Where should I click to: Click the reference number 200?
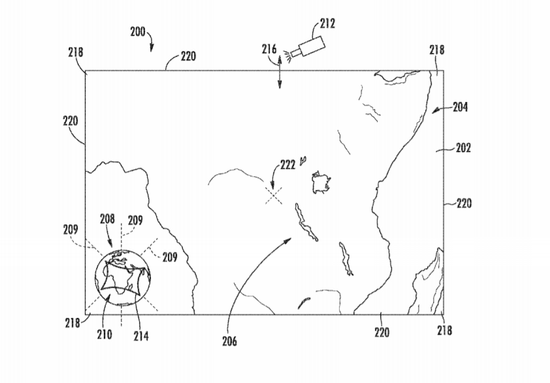(x=137, y=32)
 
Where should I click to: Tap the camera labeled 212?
(x=308, y=48)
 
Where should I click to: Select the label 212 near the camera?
(x=328, y=23)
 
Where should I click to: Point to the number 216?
(x=269, y=49)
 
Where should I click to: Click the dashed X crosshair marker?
(x=274, y=195)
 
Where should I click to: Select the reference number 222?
(x=287, y=164)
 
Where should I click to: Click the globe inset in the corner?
(x=123, y=277)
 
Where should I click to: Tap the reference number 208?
(x=107, y=219)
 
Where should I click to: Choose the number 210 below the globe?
(x=105, y=335)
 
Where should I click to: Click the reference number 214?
(x=141, y=337)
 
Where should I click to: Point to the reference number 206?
(x=229, y=341)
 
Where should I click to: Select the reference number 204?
(x=461, y=107)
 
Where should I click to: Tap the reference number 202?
(x=463, y=148)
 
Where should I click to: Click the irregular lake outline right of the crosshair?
(x=321, y=183)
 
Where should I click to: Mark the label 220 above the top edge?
(x=188, y=56)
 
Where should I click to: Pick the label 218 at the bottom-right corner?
(x=444, y=330)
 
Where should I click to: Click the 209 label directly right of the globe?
(x=170, y=257)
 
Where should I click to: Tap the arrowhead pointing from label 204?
(x=436, y=111)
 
